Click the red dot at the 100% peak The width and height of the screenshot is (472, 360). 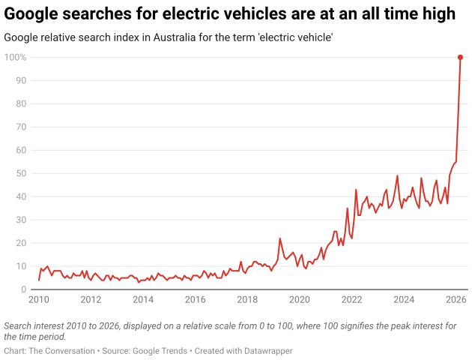tap(460, 57)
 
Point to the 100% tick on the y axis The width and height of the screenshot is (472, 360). tap(16, 57)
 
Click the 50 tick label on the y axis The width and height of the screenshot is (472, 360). tap(21, 173)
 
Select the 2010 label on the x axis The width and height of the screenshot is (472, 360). tap(39, 300)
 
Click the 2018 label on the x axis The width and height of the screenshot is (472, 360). tap(247, 300)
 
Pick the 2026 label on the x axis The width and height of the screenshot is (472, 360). tap(456, 300)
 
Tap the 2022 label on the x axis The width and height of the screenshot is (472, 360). tap(351, 300)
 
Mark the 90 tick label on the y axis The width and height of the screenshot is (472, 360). tap(21, 80)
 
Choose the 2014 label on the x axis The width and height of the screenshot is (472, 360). tap(143, 300)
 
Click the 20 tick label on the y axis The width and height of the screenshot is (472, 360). tap(21, 243)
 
